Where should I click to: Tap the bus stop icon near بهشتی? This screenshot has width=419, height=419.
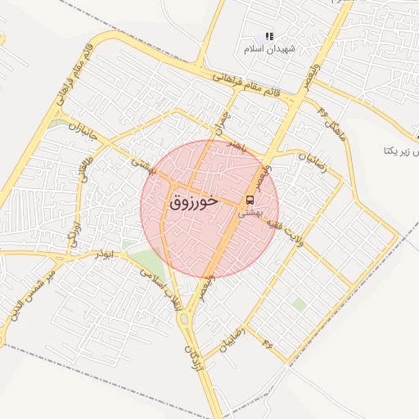(x=249, y=199)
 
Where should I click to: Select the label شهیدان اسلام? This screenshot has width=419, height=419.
(x=268, y=48)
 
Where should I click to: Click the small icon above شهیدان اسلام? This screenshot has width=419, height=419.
(x=268, y=36)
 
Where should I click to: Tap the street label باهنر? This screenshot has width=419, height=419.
(x=237, y=144)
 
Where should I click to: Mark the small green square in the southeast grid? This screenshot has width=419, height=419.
(x=300, y=304)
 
